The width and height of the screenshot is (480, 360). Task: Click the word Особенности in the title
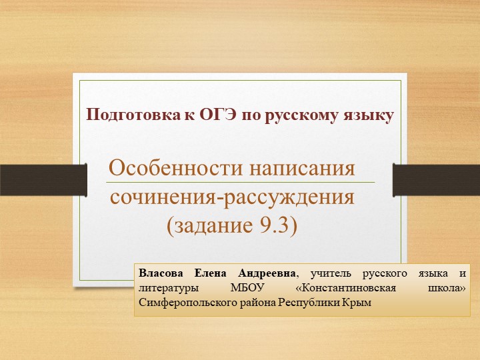[175, 168]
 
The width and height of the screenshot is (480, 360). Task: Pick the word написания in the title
[302, 168]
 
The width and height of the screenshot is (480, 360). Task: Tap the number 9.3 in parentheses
[277, 226]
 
